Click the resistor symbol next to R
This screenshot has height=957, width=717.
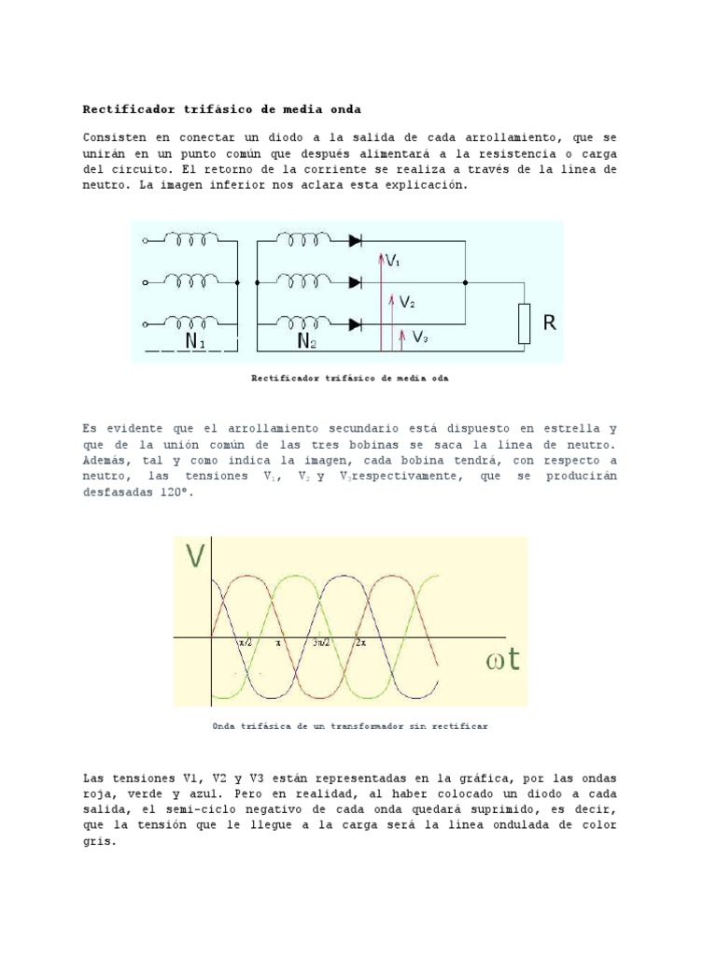(524, 322)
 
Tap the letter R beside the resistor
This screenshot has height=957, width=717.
(550, 323)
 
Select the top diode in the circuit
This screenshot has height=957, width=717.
(355, 240)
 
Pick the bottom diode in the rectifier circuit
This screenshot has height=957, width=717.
(355, 324)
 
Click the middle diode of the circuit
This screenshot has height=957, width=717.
(355, 281)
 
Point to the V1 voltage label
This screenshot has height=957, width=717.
(392, 262)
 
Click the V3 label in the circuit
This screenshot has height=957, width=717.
(420, 336)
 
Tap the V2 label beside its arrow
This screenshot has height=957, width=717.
(407, 303)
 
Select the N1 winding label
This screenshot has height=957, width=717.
(195, 342)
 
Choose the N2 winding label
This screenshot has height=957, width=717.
(307, 342)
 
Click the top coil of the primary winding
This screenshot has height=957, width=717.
(192, 240)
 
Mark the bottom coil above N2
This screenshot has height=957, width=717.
(304, 322)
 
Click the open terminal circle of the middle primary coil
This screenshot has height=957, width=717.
(145, 281)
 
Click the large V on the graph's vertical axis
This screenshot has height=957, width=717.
(195, 558)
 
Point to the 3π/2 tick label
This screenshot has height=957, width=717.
(320, 644)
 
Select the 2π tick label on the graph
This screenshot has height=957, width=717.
(360, 644)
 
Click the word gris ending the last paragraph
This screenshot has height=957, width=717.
(99, 841)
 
